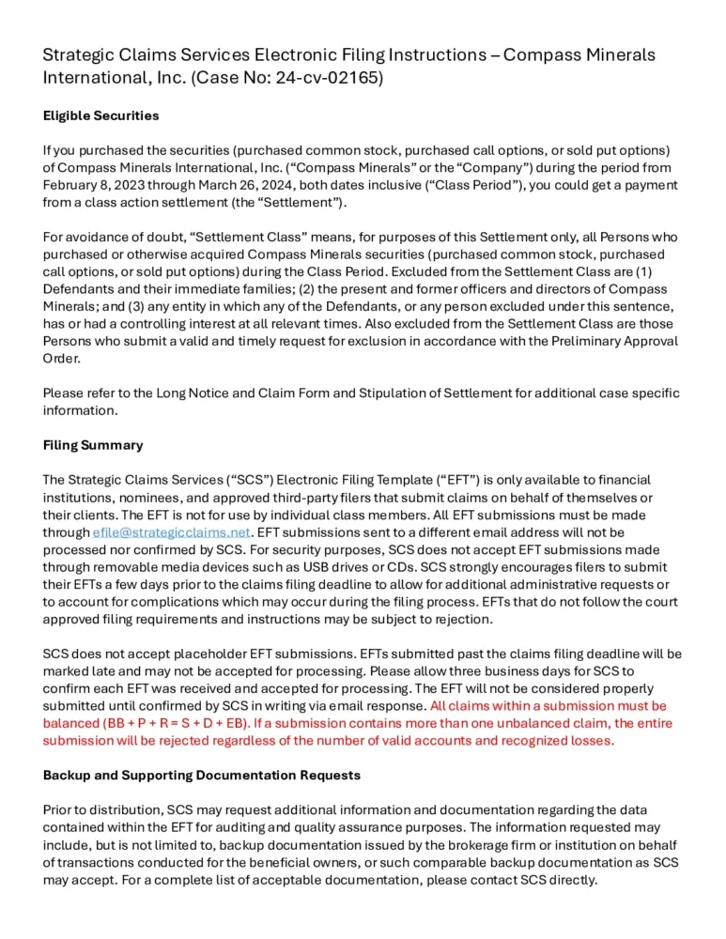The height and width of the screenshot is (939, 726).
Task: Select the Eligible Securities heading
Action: click(100, 116)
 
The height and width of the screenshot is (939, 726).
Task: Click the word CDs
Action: click(513, 550)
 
